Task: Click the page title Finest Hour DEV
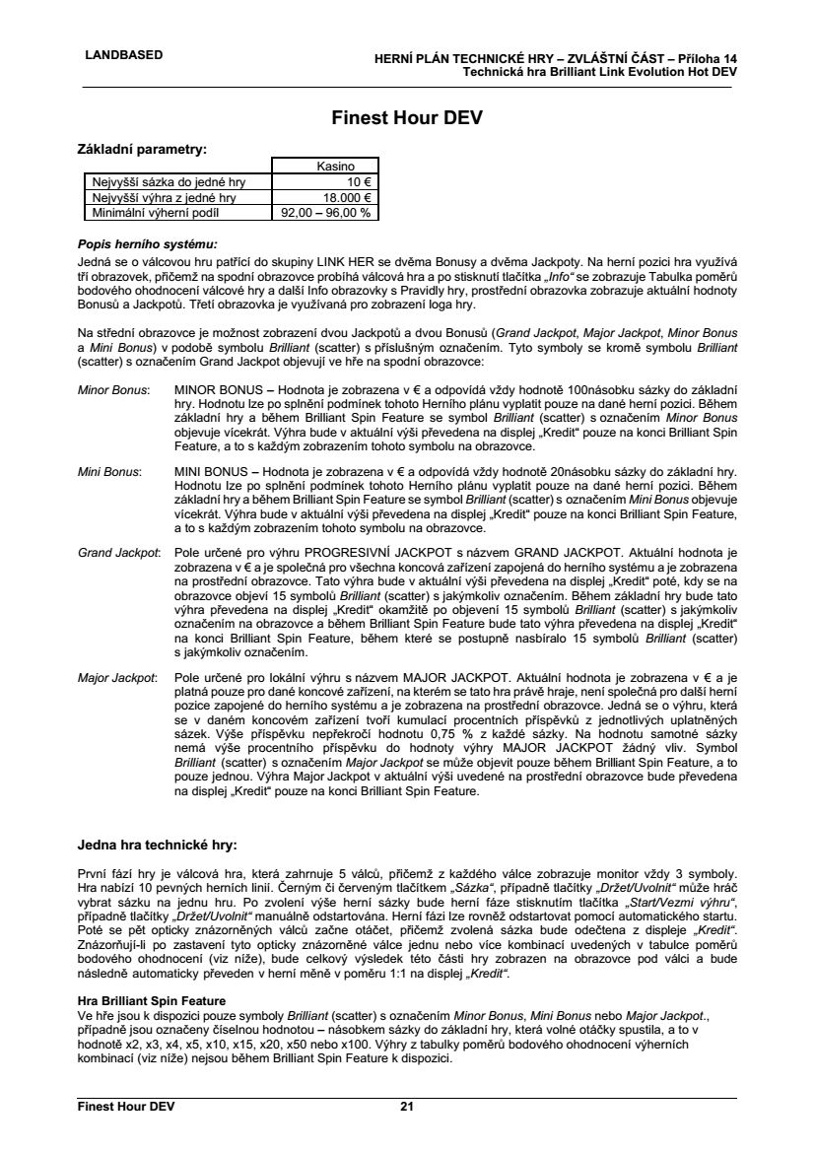click(x=407, y=118)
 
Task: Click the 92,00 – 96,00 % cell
click(x=326, y=211)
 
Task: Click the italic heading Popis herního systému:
click(x=146, y=242)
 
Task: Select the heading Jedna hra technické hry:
click(x=158, y=845)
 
